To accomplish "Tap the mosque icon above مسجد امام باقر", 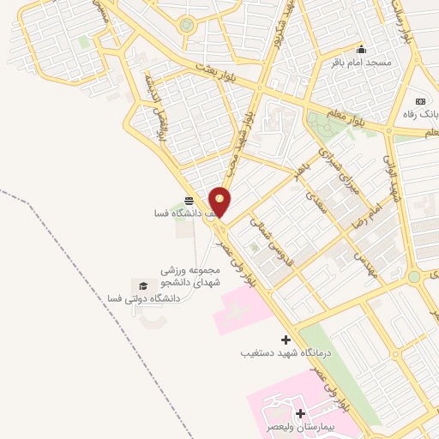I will point(361,48).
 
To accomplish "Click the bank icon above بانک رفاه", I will point(420,99).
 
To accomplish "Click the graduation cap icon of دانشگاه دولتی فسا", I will point(143,285).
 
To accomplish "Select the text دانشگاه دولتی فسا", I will point(143,298).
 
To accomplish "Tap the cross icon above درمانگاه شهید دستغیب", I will point(286,339).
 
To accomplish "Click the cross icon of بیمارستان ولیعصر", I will point(300,414).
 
